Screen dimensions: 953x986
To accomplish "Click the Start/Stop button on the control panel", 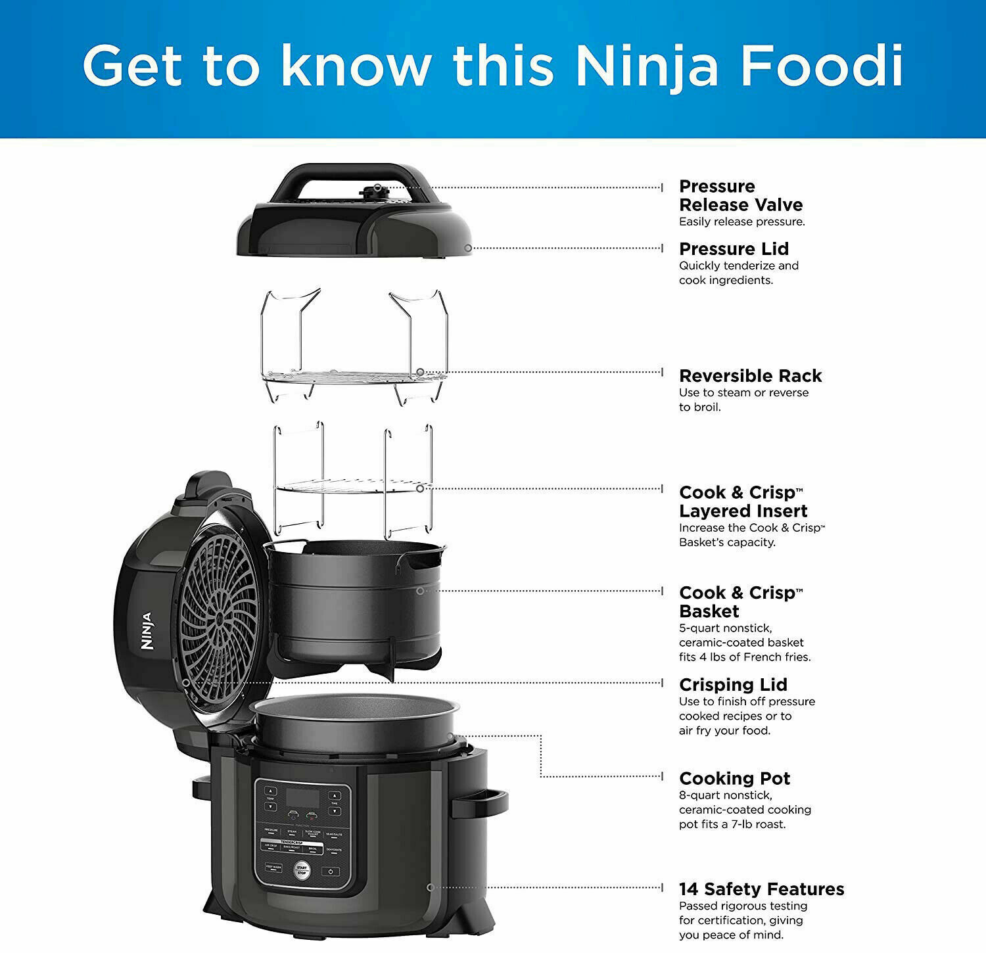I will click(301, 870).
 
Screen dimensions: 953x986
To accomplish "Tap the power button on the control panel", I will click(330, 872).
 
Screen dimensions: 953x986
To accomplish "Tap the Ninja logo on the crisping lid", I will click(147, 631).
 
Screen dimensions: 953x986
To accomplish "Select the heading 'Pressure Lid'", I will click(734, 249).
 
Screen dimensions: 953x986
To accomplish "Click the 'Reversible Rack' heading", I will click(750, 376).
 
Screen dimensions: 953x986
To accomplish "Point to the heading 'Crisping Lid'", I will click(733, 685).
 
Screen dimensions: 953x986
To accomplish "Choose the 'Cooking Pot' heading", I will click(734, 779).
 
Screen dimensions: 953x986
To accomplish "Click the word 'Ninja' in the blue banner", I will click(646, 66).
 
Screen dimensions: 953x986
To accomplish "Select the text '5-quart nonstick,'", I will click(725, 628).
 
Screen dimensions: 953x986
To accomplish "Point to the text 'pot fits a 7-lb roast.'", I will click(732, 824).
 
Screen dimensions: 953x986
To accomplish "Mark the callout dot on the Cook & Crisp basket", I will click(420, 591).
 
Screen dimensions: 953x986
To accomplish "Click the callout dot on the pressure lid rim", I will click(467, 248).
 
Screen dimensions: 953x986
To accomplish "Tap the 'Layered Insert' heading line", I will click(743, 511).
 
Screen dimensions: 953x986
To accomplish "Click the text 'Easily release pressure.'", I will click(741, 222).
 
